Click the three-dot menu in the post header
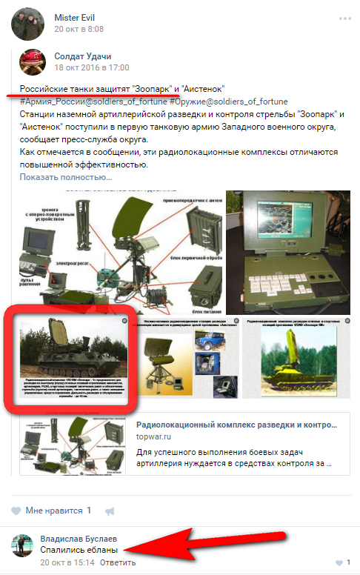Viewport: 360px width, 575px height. pos(344,18)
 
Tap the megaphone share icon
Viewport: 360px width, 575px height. pos(110,511)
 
